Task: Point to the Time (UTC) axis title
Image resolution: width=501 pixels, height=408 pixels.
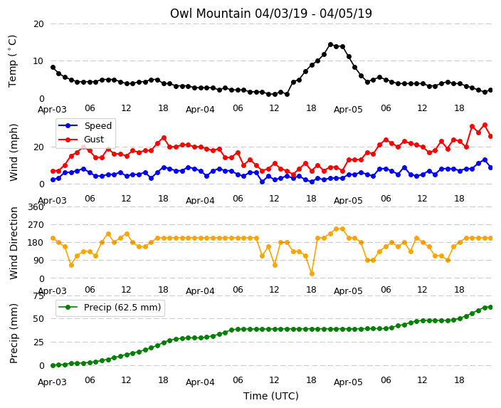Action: tap(271, 396)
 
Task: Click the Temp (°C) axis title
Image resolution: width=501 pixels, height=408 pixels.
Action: tap(12, 61)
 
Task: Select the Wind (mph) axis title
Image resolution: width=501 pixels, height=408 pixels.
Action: tap(14, 152)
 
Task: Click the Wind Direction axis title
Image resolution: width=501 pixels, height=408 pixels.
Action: tap(14, 243)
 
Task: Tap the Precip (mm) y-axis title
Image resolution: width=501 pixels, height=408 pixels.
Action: tap(14, 333)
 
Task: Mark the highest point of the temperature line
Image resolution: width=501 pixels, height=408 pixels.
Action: tap(330, 45)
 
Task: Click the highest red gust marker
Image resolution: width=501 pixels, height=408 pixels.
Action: tap(485, 125)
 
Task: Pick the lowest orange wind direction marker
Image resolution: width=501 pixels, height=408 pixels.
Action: tap(312, 273)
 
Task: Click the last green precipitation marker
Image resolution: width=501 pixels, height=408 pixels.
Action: tap(491, 308)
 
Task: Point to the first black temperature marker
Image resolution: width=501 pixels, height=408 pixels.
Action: tap(53, 68)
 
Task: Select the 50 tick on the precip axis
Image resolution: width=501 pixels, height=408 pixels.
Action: tap(38, 319)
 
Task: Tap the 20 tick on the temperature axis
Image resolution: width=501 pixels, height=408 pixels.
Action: tap(38, 24)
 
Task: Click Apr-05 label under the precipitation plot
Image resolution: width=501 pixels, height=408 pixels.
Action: tap(348, 382)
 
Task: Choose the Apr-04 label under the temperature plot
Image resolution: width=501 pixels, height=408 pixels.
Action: tap(200, 110)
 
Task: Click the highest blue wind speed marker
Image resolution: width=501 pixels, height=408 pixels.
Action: tap(485, 160)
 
